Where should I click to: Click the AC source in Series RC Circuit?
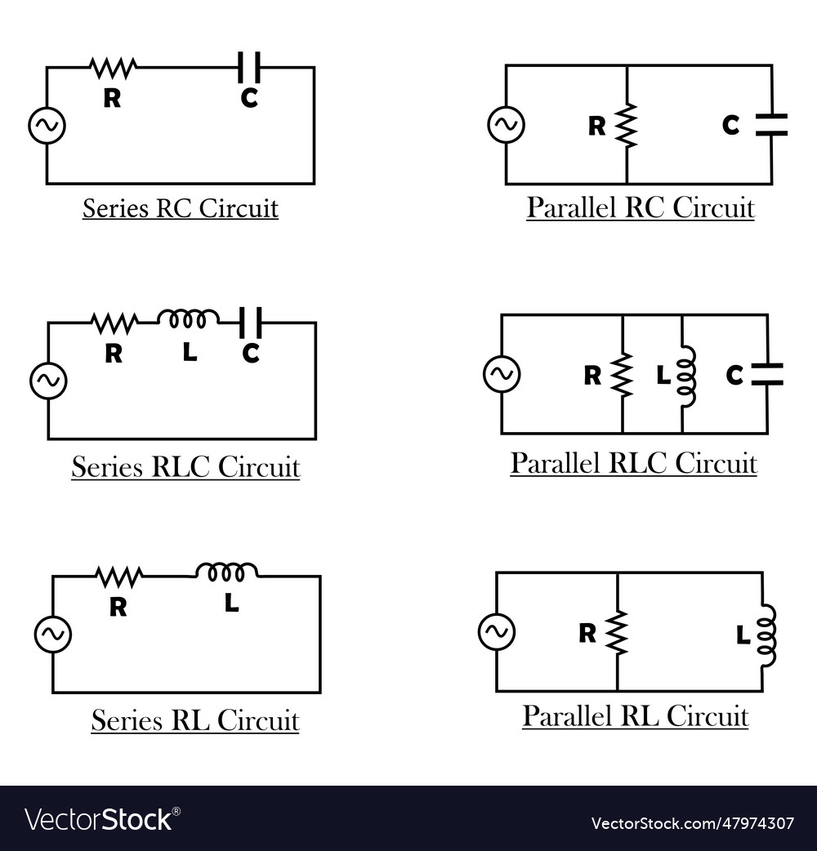pyautogui.click(x=47, y=126)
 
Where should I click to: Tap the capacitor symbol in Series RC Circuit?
pyautogui.click(x=249, y=67)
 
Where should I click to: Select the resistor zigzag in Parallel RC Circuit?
pyautogui.click(x=627, y=125)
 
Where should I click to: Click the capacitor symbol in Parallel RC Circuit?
pyautogui.click(x=771, y=124)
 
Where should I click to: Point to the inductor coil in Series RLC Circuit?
pyautogui.click(x=188, y=319)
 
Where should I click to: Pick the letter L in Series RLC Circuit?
pyautogui.click(x=190, y=353)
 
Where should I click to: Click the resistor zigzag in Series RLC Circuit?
pyautogui.click(x=114, y=323)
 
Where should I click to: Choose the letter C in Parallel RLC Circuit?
pyautogui.click(x=734, y=376)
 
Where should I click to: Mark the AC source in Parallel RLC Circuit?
pyautogui.click(x=502, y=374)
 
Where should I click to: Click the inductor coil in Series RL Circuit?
pyautogui.click(x=226, y=572)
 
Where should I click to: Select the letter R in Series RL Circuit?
pyautogui.click(x=118, y=607)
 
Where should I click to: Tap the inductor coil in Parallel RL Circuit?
pyautogui.click(x=766, y=635)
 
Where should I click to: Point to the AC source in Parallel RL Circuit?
pyautogui.click(x=497, y=631)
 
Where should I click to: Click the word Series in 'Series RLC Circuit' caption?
pyautogui.click(x=106, y=467)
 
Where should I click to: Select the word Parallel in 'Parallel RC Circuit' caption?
pyautogui.click(x=572, y=207)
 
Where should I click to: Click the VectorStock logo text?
pyautogui.click(x=102, y=819)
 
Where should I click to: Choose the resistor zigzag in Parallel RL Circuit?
pyautogui.click(x=617, y=632)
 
